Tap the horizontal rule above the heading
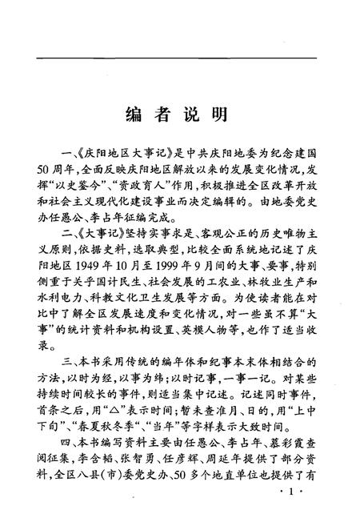coord(180,58)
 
